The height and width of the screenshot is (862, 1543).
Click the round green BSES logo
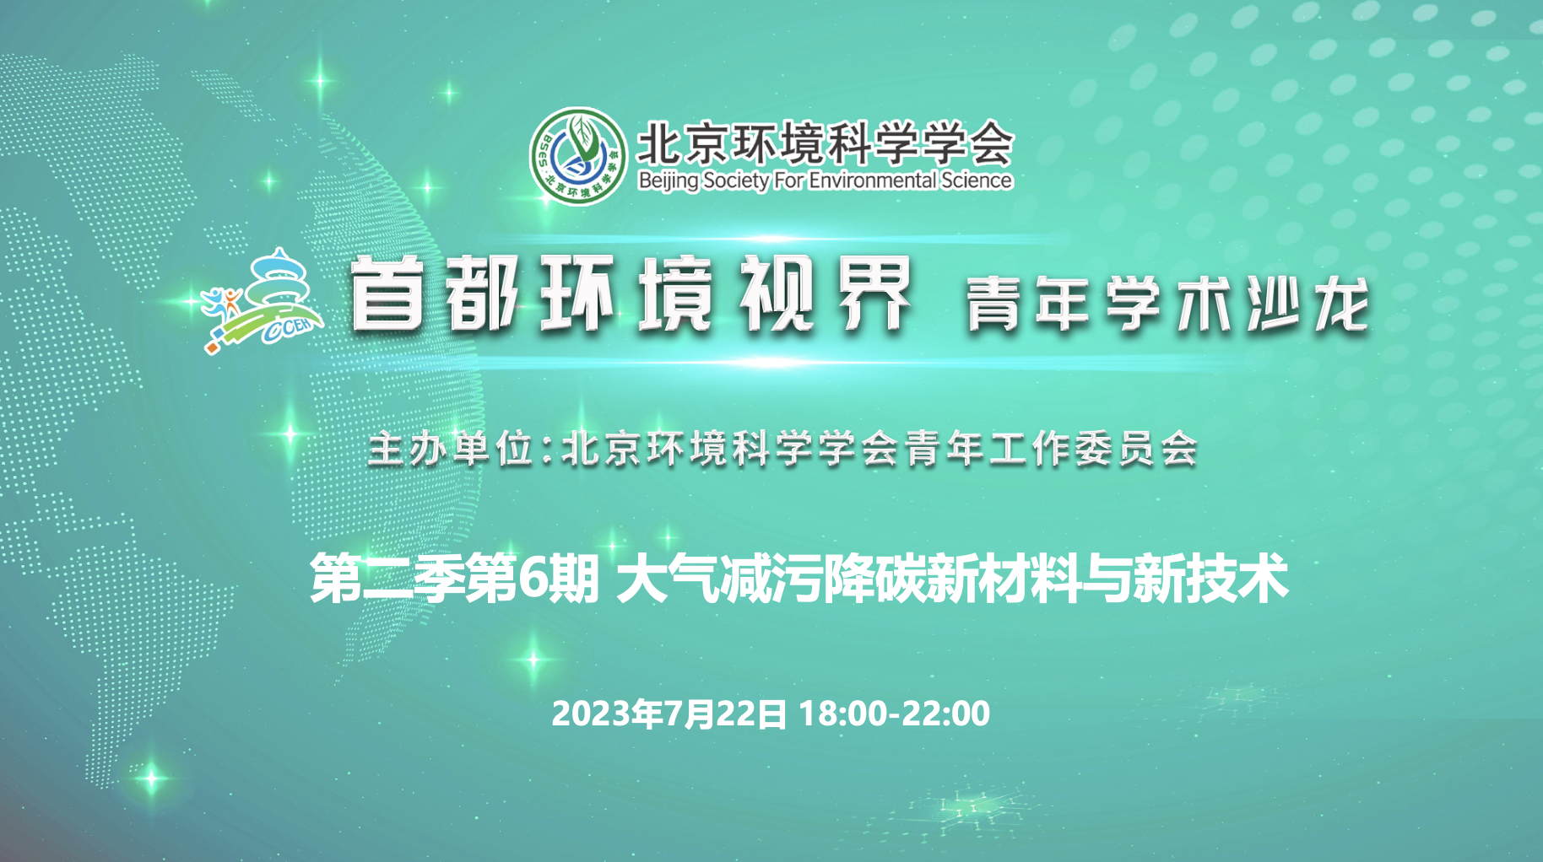point(578,156)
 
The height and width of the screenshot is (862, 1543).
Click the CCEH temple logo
point(263,301)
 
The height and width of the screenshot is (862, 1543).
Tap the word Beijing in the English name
point(669,180)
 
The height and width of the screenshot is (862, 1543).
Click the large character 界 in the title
point(874,294)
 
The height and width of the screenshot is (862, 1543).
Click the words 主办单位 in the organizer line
point(452,448)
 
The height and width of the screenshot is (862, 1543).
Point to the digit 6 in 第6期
point(533,579)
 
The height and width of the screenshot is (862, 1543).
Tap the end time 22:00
point(946,714)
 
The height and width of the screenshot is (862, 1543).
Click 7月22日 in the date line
point(725,714)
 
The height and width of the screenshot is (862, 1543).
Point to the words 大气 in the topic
point(668,579)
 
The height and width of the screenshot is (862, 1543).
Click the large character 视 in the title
point(777,294)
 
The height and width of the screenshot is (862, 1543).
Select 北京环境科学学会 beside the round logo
point(825,142)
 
